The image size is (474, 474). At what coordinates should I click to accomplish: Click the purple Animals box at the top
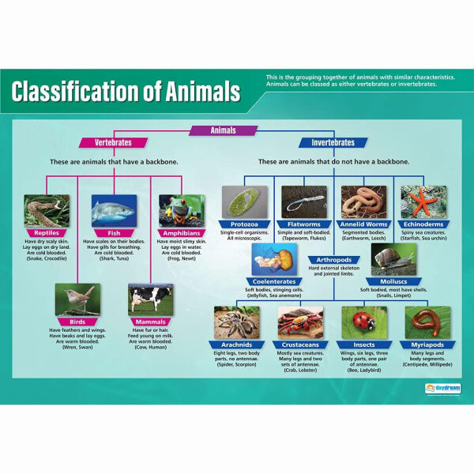pos(224,130)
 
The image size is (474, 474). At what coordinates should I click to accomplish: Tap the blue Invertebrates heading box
pos(333,143)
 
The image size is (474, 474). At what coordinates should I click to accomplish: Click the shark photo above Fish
pos(114,210)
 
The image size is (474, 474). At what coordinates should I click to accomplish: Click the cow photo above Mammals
pos(150,300)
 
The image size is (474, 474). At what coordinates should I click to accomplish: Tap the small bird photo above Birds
pos(77,300)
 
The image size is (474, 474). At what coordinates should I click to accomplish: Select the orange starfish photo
pos(424,201)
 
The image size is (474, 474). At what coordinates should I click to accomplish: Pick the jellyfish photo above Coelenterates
pos(274,259)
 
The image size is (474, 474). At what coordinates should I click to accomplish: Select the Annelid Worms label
pos(364,224)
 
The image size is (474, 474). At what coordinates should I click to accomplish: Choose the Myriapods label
pos(427,345)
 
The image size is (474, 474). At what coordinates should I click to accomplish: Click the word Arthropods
pos(333,258)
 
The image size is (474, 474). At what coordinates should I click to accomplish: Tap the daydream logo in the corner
pos(441,388)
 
